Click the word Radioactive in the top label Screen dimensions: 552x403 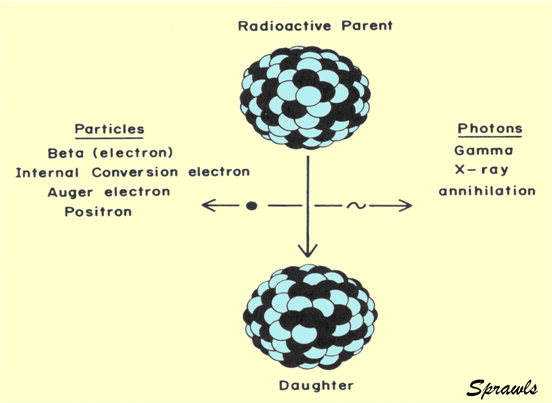285,26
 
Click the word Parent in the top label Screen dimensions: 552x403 367,26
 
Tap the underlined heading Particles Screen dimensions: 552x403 110,129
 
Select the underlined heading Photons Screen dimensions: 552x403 490,129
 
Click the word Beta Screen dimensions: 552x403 66,153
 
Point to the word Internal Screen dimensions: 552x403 47,172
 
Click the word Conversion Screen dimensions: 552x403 135,172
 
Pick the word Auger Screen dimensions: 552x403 70,192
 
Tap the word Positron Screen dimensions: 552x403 98,212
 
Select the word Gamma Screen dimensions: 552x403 484,151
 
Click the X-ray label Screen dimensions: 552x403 482,170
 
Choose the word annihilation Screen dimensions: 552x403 487,191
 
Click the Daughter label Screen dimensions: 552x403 316,386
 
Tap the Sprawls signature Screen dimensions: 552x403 502,388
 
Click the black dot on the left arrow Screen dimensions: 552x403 251,205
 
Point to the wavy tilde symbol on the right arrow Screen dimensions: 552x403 356,205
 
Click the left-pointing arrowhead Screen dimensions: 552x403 208,205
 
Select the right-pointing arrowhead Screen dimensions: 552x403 405,205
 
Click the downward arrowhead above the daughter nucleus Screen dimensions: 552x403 308,251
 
